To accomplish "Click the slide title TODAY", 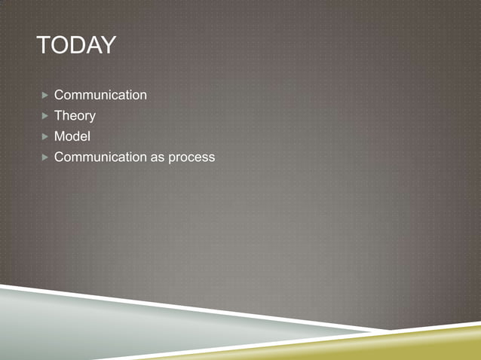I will point(75,46).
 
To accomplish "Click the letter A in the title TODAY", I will point(92,46).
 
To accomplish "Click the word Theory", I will point(75,116).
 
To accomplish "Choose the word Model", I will point(72,136).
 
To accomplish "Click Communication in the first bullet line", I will point(100,95).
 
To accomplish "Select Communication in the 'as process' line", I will point(100,157).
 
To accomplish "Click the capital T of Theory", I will point(58,116).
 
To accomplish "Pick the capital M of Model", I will point(60,136).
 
